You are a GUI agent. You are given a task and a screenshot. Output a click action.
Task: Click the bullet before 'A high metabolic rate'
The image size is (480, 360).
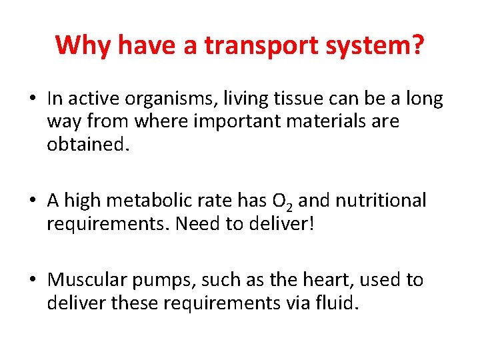(x=33, y=201)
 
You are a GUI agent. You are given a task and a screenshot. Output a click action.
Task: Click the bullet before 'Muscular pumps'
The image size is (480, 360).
(x=33, y=280)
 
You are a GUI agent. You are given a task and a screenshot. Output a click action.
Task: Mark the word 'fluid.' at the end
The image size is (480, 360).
(x=341, y=303)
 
